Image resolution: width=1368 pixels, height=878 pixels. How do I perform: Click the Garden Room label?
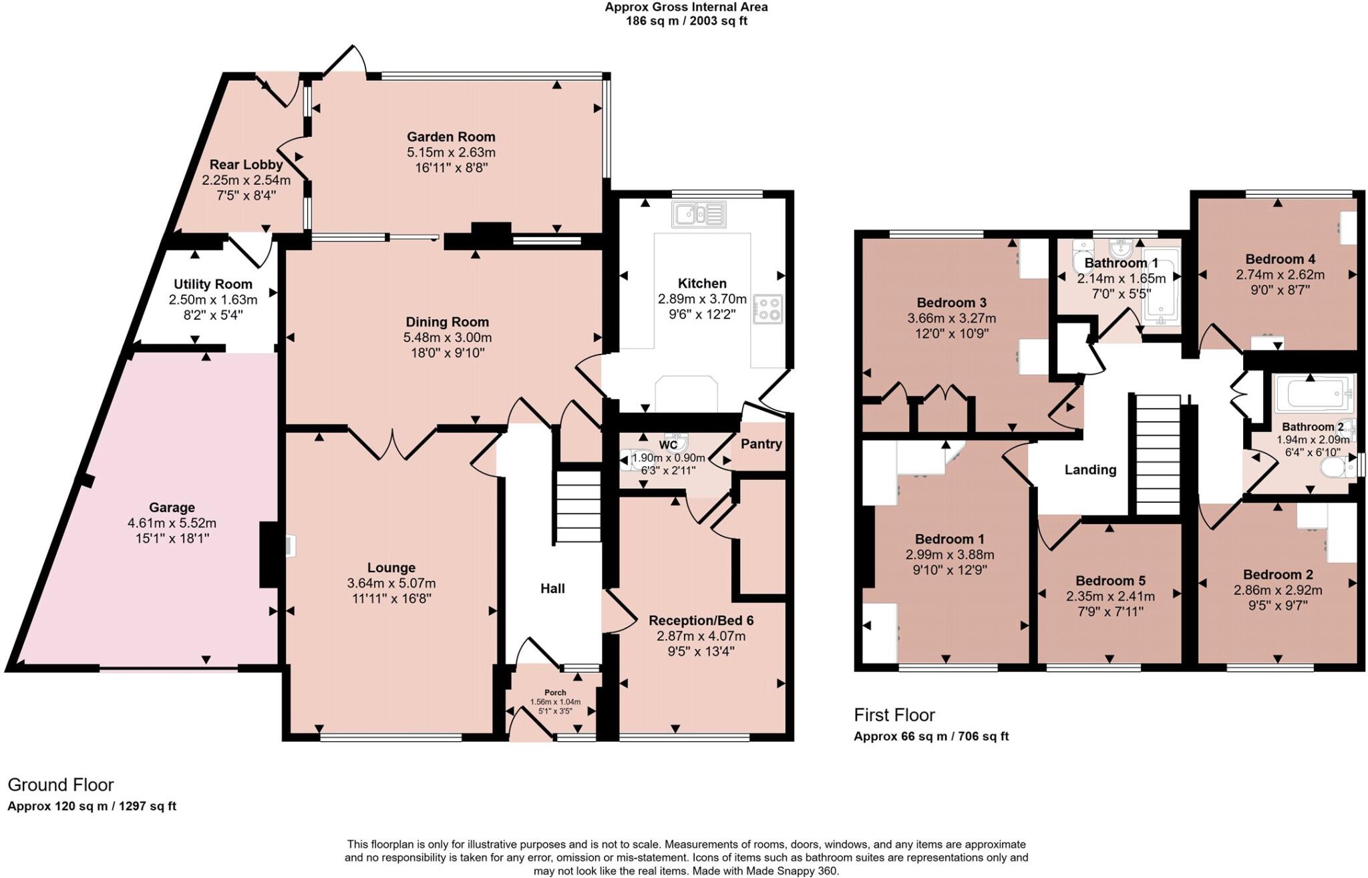point(451,137)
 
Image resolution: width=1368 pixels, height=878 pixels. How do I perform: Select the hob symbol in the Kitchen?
point(767,309)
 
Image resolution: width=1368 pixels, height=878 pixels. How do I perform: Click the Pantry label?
point(761,444)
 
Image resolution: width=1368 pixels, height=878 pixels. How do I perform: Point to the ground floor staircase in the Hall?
point(578,507)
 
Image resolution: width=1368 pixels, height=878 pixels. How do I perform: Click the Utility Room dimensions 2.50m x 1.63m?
point(212,300)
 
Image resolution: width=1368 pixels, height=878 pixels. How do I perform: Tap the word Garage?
point(172,507)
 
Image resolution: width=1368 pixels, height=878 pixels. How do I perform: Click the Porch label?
point(555,692)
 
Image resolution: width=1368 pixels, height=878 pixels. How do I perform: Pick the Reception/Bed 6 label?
point(701,620)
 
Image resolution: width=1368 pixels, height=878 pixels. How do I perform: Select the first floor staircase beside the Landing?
point(1158,454)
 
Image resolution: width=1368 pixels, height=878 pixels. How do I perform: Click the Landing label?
point(1090,470)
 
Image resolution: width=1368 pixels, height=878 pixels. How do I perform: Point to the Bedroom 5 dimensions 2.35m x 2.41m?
point(1109,596)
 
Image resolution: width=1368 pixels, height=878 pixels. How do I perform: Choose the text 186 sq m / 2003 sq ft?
point(686,21)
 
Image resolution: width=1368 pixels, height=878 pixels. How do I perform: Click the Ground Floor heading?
point(61,785)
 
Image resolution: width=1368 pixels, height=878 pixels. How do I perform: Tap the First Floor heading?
point(894,715)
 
